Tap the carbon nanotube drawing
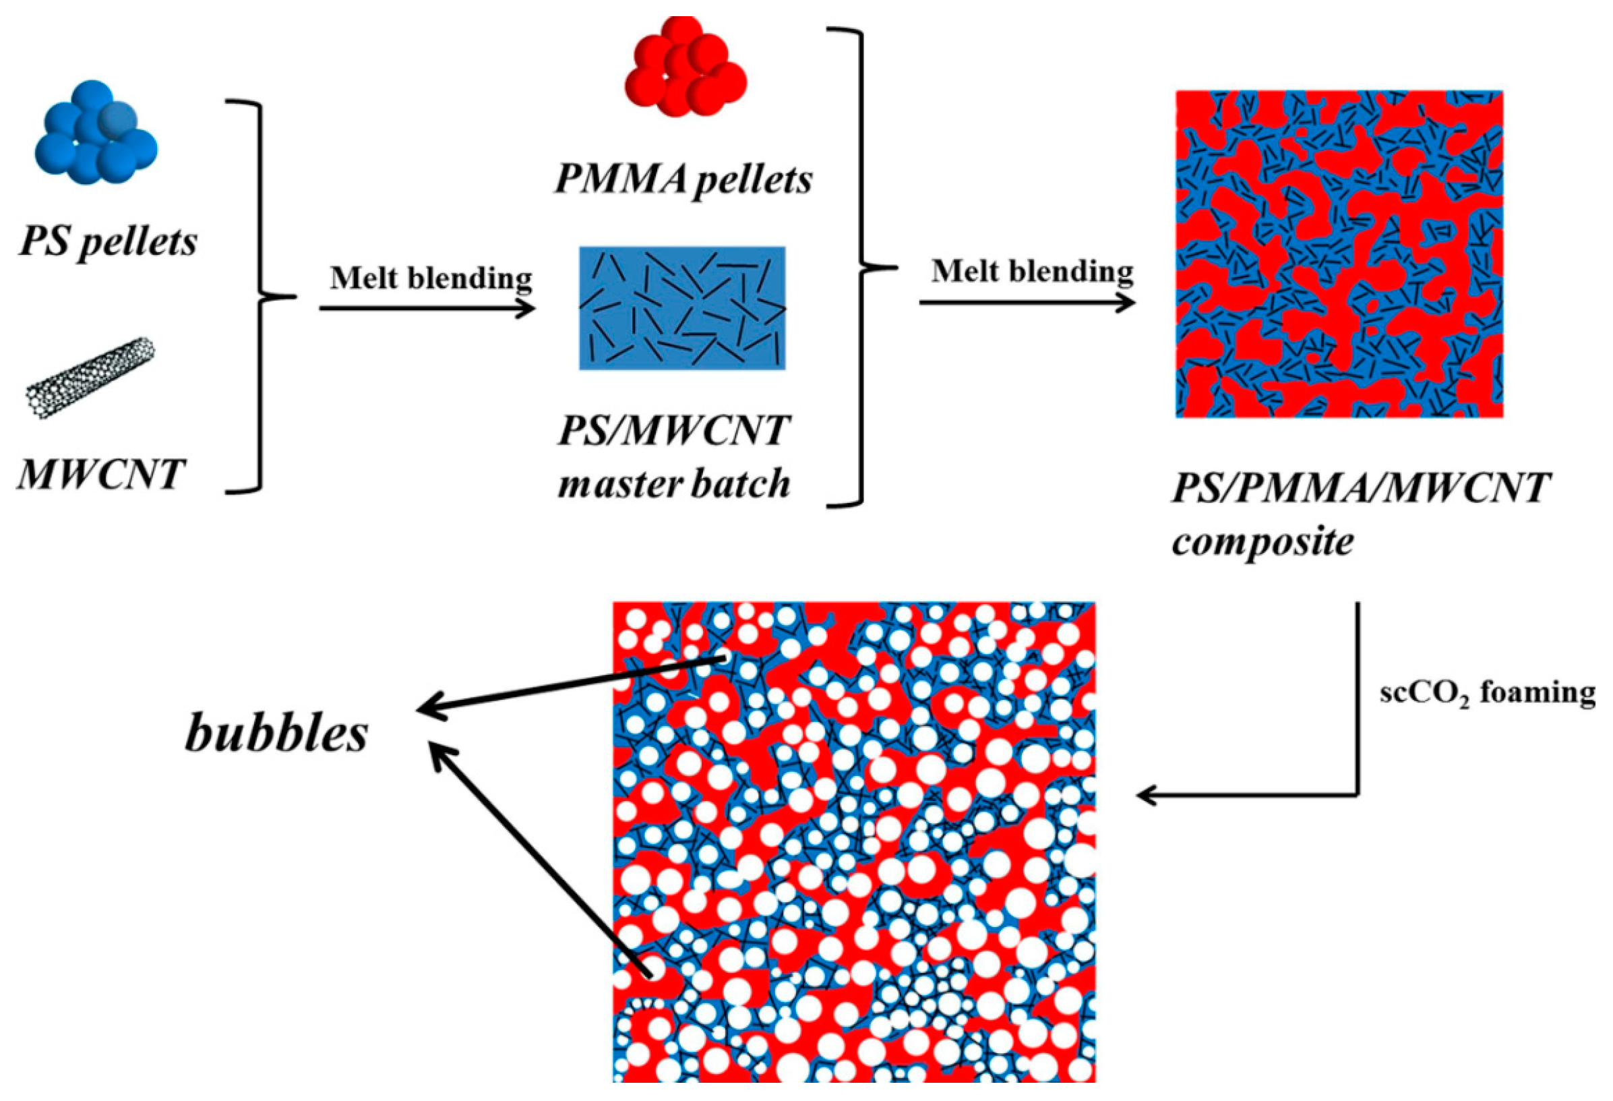point(90,378)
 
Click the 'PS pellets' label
point(108,242)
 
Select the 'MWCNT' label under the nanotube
point(100,475)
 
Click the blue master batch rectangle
point(682,307)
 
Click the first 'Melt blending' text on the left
point(430,278)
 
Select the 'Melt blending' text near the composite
point(1031,272)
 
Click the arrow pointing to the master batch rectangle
point(427,308)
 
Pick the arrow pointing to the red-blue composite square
point(1027,303)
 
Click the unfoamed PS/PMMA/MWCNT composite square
point(1339,254)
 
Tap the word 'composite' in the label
point(1262,541)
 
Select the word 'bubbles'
point(276,734)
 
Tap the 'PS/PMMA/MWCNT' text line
point(1360,489)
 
